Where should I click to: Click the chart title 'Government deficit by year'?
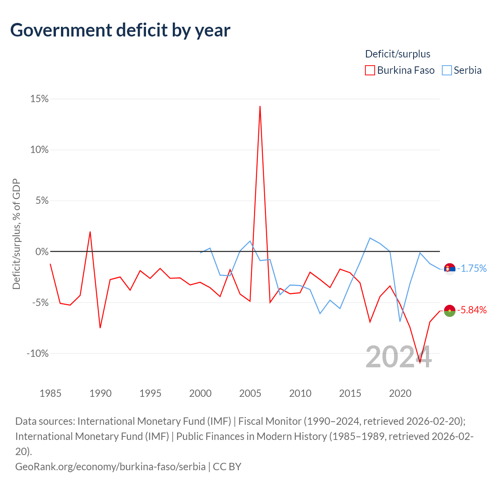120,30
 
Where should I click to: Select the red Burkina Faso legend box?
370,70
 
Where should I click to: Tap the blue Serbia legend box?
447,70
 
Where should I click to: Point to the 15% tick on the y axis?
39,99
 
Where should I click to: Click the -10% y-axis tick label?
37,353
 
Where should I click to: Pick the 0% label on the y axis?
42,252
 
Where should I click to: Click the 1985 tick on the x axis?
50,393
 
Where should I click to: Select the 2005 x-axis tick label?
250,393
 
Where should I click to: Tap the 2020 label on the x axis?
400,393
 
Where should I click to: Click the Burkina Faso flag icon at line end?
450,311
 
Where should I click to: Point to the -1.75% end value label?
472,268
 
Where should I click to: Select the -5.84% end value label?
472,310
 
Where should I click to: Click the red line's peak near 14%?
260,106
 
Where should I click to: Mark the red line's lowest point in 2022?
420,363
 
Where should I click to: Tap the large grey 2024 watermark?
398,357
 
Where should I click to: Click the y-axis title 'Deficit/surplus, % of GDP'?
17,234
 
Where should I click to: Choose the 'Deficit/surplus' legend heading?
398,54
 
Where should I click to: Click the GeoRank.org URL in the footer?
110,467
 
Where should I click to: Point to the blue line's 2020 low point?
400,321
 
